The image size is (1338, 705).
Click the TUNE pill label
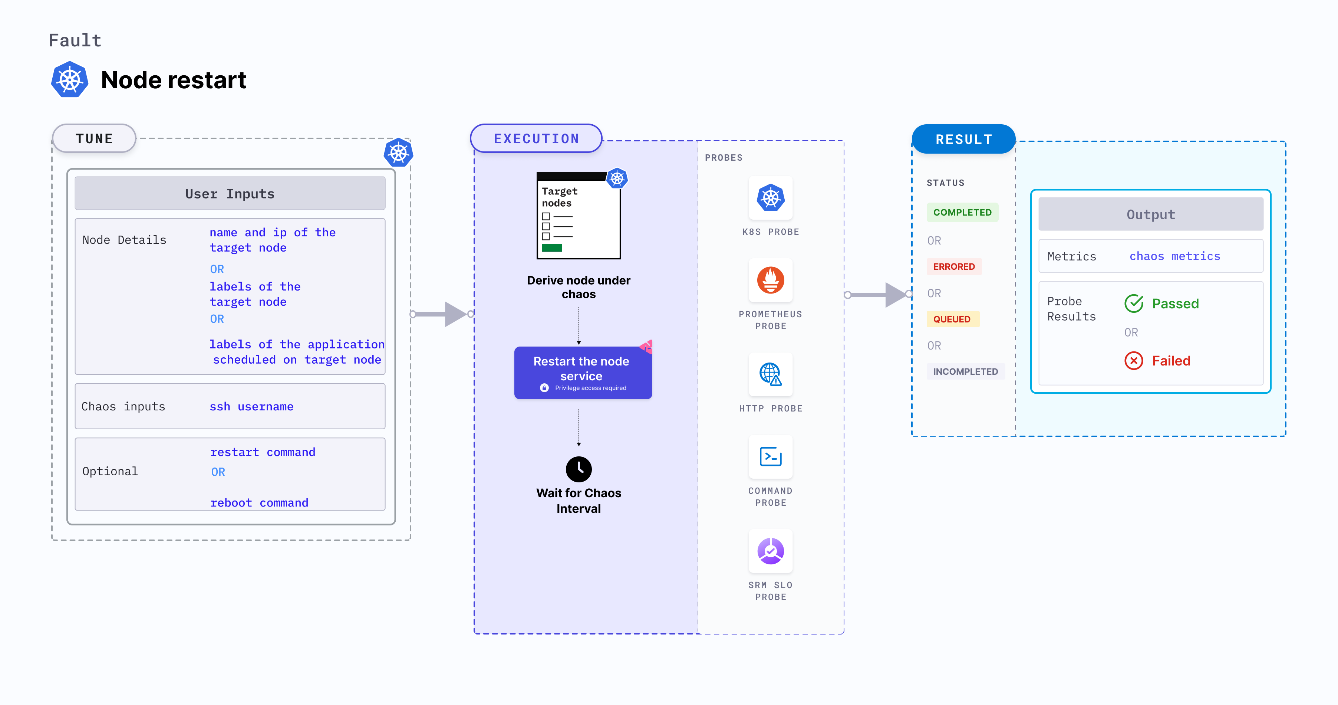(x=94, y=139)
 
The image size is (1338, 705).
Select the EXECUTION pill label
(x=536, y=139)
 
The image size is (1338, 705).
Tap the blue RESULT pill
(x=963, y=139)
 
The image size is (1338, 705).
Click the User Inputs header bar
(x=230, y=194)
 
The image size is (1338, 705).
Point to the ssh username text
(x=251, y=407)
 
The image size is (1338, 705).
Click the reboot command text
(x=259, y=502)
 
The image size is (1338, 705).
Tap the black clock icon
(x=579, y=469)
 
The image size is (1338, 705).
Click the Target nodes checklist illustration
(x=579, y=216)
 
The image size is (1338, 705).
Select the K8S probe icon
(x=770, y=198)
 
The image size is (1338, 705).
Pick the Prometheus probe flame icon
(x=770, y=281)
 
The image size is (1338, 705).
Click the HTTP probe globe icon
(x=770, y=374)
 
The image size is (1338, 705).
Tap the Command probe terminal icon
(x=770, y=457)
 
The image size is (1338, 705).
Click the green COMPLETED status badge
(x=962, y=213)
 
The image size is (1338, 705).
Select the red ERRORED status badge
(x=954, y=266)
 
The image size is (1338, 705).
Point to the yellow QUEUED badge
(x=952, y=319)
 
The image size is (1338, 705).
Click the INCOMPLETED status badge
(x=965, y=371)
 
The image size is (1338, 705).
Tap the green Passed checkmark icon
(x=1134, y=304)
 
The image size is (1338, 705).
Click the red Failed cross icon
(x=1134, y=361)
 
